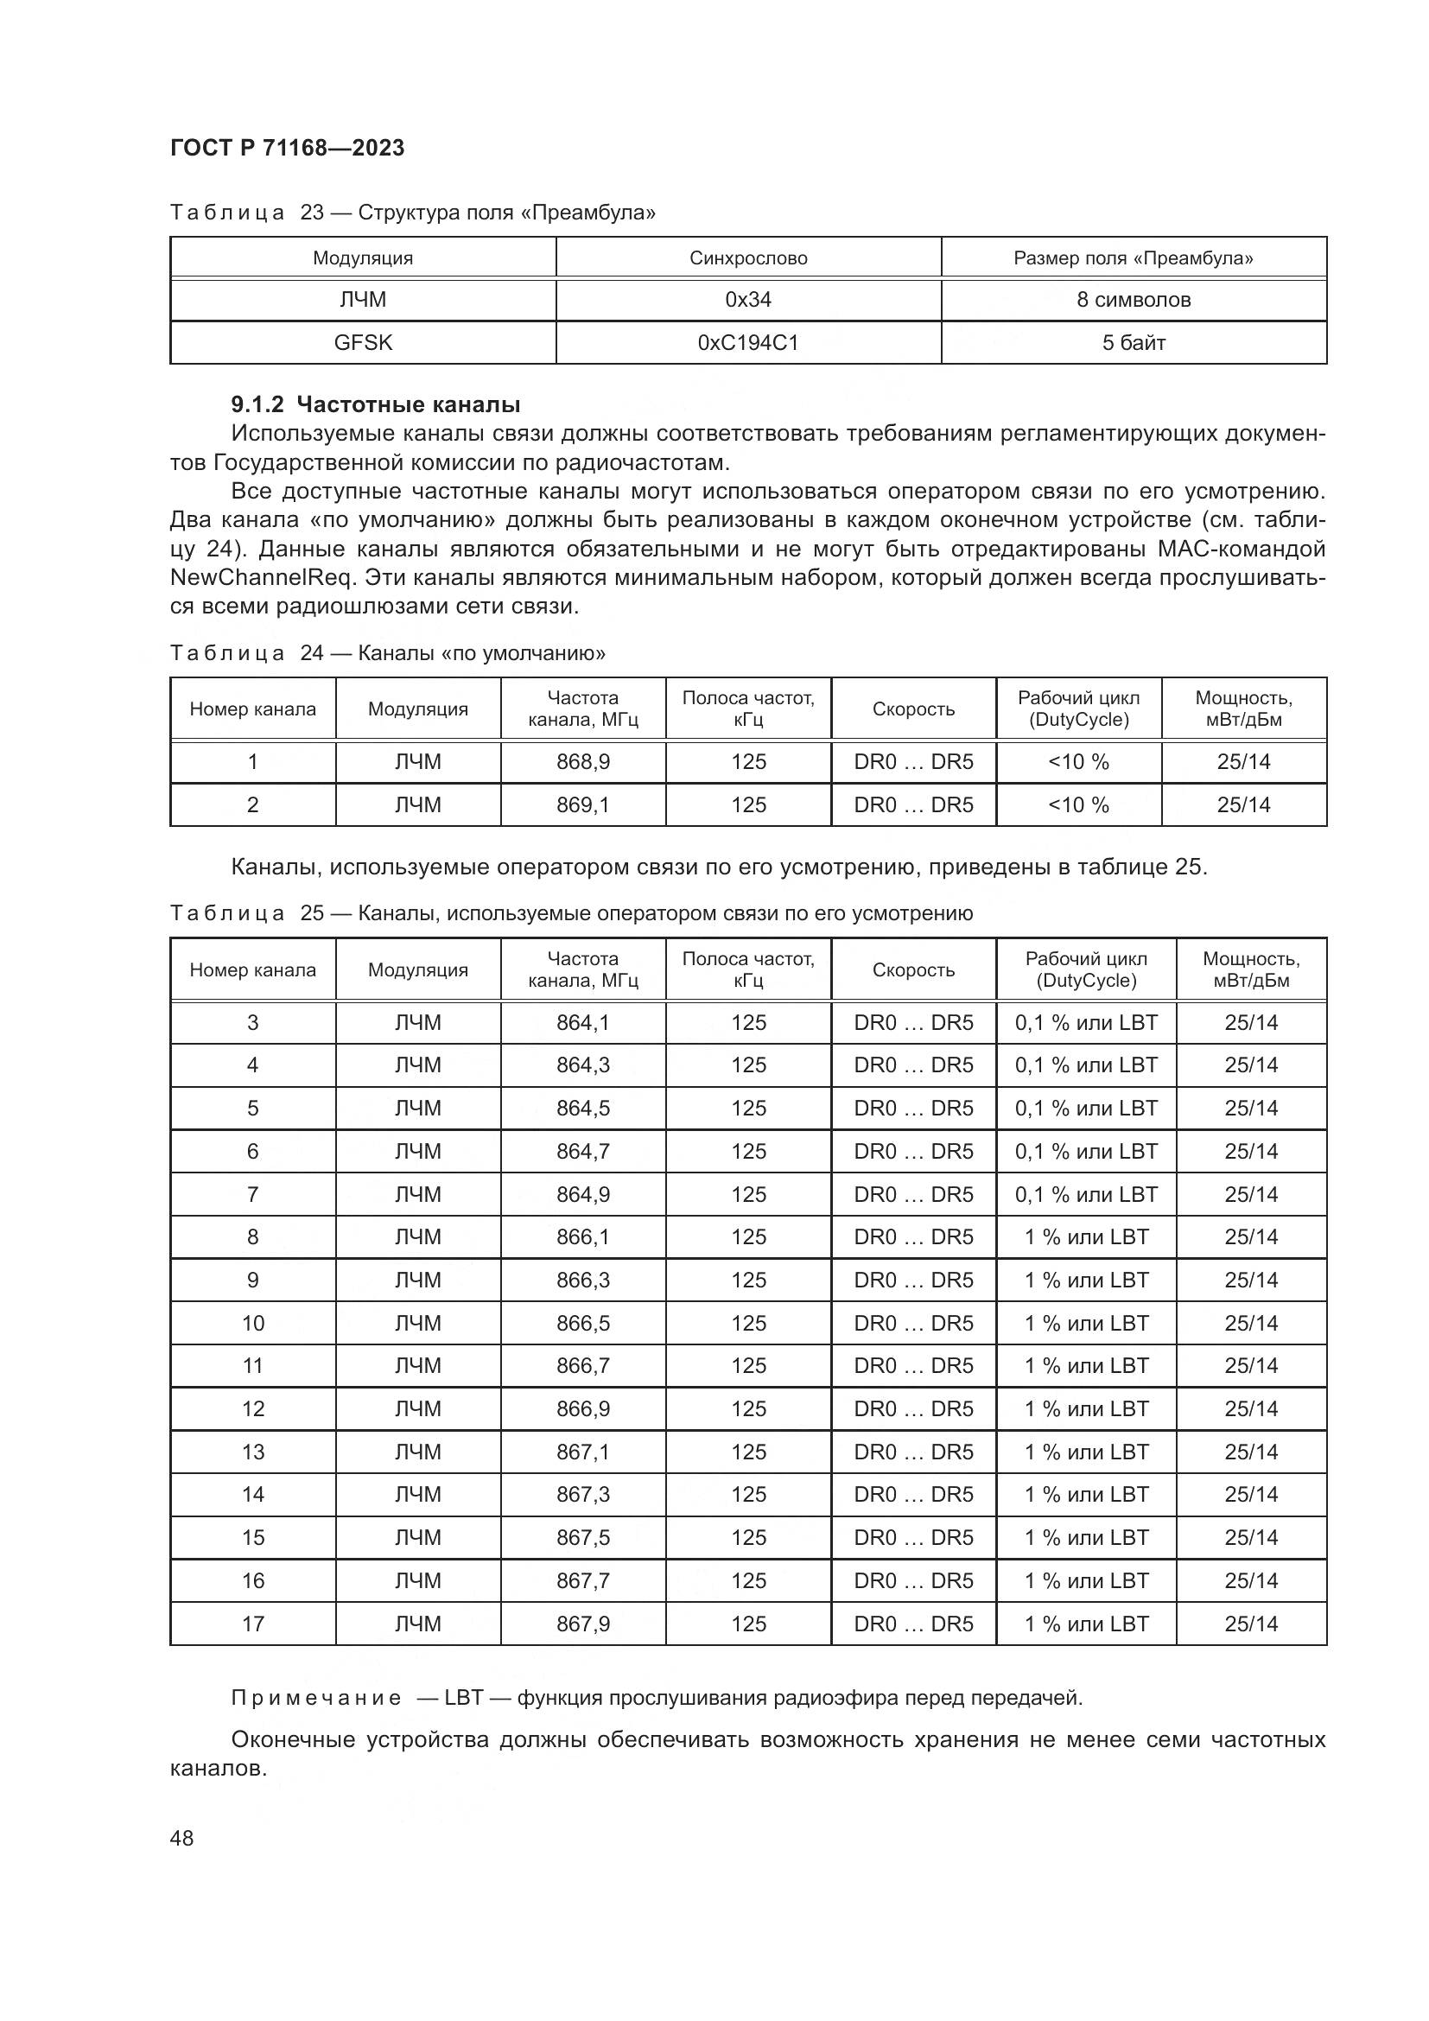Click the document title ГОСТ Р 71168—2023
tap(287, 148)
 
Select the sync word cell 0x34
tap(748, 300)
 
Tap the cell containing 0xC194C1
tap(748, 342)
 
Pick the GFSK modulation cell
tap(363, 342)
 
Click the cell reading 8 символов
tap(1134, 300)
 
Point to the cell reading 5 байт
tap(1134, 342)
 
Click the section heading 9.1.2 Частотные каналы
tap(376, 405)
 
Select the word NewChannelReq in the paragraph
tap(263, 577)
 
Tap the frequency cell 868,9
tap(582, 762)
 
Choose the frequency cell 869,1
tap(582, 804)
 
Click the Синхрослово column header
tap(748, 257)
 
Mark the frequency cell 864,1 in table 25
tap(582, 1023)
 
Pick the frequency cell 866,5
tap(582, 1323)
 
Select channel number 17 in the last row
tap(252, 1624)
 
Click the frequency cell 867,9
tap(582, 1624)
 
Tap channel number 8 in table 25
tap(252, 1236)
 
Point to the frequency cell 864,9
tap(582, 1194)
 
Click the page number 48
tap(182, 1838)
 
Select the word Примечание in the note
tap(316, 1698)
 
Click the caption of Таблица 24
tap(387, 653)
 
